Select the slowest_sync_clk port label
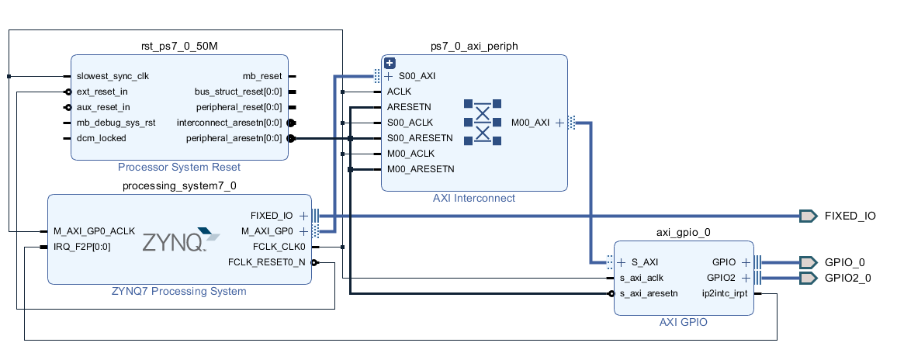coord(113,77)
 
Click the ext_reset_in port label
coord(102,92)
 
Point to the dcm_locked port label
coord(101,138)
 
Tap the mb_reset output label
coord(262,77)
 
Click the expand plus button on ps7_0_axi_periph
coord(390,63)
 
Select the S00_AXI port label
coord(417,77)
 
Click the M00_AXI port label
coord(531,123)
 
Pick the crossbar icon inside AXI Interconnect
coord(482,122)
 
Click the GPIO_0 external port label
coord(844,262)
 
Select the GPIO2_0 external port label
coord(847,278)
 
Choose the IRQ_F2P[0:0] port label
coord(81,247)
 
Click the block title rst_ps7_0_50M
coord(179,47)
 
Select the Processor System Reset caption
coord(179,167)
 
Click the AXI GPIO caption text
coord(683,322)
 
